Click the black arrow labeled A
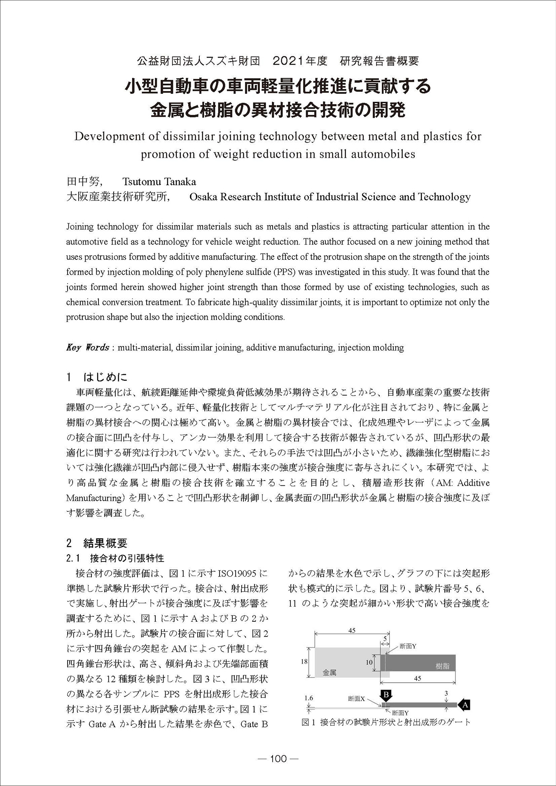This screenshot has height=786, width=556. click(x=464, y=705)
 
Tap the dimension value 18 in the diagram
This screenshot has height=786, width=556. click(x=304, y=662)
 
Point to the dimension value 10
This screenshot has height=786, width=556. click(x=369, y=662)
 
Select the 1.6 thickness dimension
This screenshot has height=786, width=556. click(x=308, y=698)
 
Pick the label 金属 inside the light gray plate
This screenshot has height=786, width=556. click(x=329, y=673)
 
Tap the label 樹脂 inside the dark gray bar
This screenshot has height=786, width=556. click(x=443, y=666)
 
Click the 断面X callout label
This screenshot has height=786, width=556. click(x=356, y=699)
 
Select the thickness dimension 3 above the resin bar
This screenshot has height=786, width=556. click(x=446, y=694)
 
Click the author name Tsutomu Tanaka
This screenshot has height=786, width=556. click(x=159, y=182)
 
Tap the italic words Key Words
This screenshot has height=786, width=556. click(x=87, y=348)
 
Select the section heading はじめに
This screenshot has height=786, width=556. click(x=105, y=377)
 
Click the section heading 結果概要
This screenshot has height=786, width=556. click(x=105, y=543)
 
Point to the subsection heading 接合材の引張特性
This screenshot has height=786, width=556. click(x=127, y=558)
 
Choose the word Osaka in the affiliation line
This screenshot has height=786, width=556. click(x=205, y=197)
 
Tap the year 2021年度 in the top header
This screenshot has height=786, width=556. click(x=300, y=61)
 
